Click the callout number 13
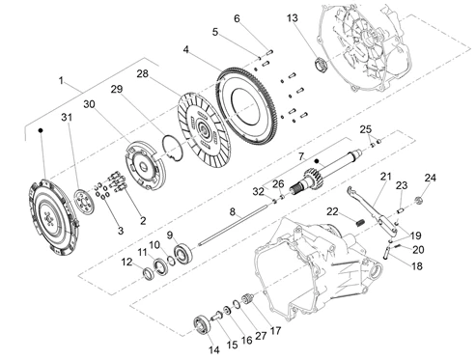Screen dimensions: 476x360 point(293,18)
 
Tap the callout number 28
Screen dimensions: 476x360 point(143,73)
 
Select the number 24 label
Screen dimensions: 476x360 point(431,178)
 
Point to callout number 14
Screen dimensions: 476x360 point(213,349)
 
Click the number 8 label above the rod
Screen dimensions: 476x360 point(233,211)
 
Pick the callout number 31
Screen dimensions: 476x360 point(67,117)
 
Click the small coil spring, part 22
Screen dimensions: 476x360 point(361,222)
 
